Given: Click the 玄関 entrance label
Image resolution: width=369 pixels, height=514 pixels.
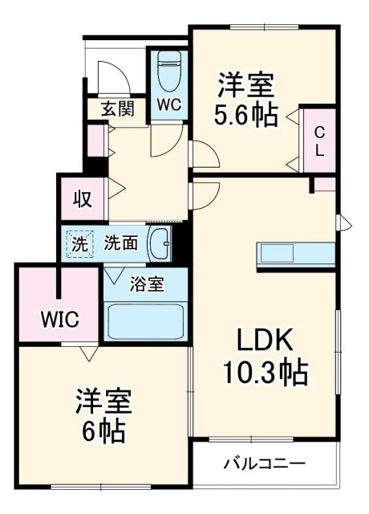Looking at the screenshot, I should (117, 109).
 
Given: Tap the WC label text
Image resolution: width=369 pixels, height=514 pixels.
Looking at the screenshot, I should (168, 104).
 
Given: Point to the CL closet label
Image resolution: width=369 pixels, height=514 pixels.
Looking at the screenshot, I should (319, 141).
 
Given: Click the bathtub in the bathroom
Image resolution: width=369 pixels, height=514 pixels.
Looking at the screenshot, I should (145, 322).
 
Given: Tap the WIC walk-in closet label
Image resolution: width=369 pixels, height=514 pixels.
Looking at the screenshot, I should (59, 320).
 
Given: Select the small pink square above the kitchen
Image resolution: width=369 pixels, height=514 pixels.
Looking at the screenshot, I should (325, 185).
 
